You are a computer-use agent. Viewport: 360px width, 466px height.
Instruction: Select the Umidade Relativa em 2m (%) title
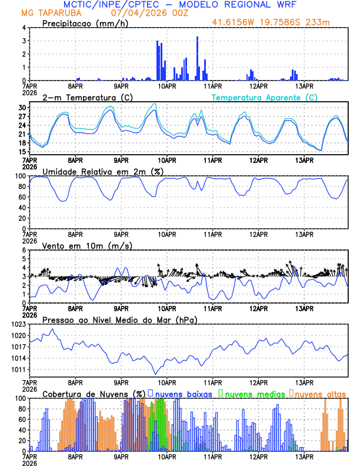(101, 171)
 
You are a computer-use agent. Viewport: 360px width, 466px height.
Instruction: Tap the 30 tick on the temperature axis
(22, 108)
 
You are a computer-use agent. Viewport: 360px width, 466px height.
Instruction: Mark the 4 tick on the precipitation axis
(24, 28)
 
